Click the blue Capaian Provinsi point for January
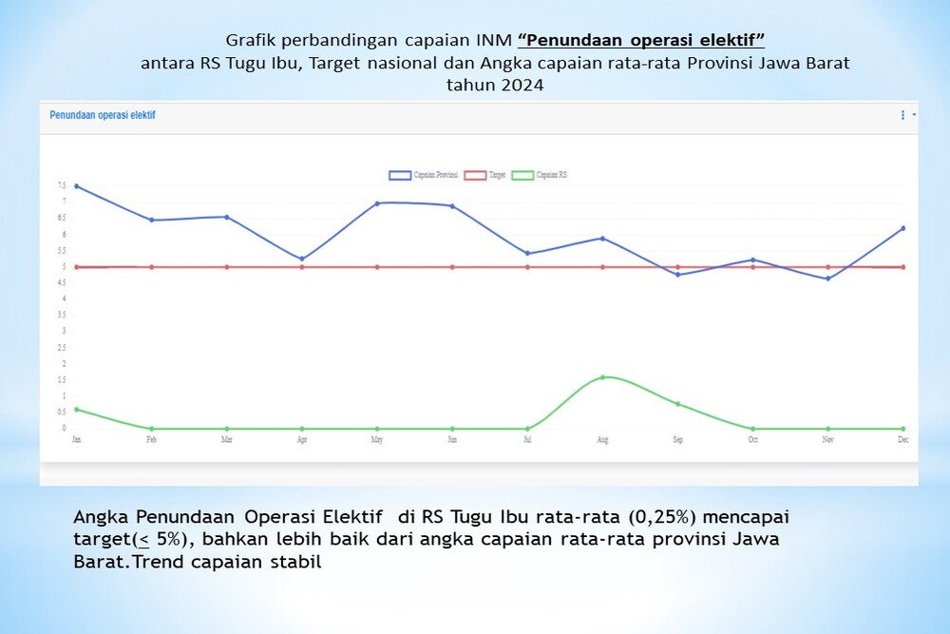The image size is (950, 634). tap(76, 186)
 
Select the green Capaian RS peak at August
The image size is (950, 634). tap(602, 377)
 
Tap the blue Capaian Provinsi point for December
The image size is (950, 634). tap(902, 228)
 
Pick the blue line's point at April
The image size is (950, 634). tap(302, 259)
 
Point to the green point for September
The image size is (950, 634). tap(677, 404)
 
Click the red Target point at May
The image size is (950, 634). tap(377, 267)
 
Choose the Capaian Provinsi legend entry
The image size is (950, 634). tap(424, 175)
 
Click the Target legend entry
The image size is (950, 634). tap(484, 175)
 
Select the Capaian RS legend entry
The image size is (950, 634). tap(540, 175)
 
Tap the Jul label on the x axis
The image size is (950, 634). tap(527, 441)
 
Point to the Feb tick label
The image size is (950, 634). tap(151, 441)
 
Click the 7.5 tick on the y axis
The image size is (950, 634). tap(62, 186)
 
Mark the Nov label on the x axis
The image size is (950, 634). tap(827, 441)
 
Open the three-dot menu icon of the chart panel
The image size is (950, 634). tap(902, 115)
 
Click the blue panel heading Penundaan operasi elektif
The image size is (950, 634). tap(103, 115)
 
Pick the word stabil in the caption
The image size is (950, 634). tap(298, 562)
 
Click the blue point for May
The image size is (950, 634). tap(377, 203)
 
